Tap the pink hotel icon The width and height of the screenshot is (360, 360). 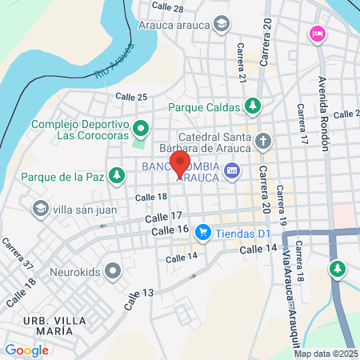[x=316, y=34]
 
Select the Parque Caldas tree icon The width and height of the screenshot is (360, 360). [x=253, y=106]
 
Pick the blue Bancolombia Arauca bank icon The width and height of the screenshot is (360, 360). [x=232, y=170]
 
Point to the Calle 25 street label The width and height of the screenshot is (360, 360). [x=131, y=97]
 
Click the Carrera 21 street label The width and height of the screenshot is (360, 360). [x=242, y=62]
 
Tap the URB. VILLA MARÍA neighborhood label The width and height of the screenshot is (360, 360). [x=54, y=326]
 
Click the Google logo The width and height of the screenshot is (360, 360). [x=26, y=350]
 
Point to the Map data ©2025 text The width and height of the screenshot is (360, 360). [x=326, y=354]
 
